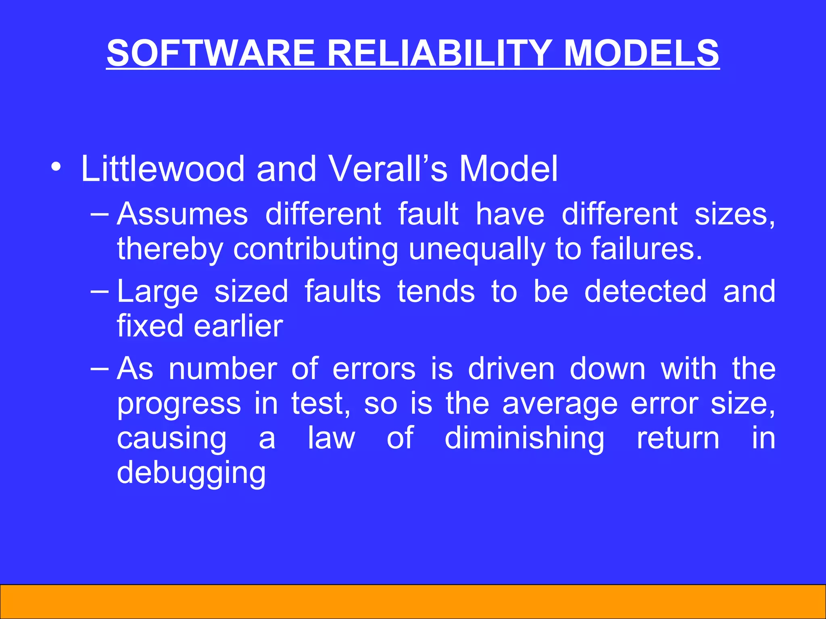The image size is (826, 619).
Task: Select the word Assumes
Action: point(182,214)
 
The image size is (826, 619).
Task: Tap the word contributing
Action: point(316,249)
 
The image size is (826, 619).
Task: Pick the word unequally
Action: point(477,249)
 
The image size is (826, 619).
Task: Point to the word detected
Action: point(645,291)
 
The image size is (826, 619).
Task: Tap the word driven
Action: point(511,368)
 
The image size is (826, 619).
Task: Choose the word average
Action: point(560,404)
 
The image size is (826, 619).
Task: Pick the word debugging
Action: point(191,473)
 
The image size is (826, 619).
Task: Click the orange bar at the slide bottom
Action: point(413,601)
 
